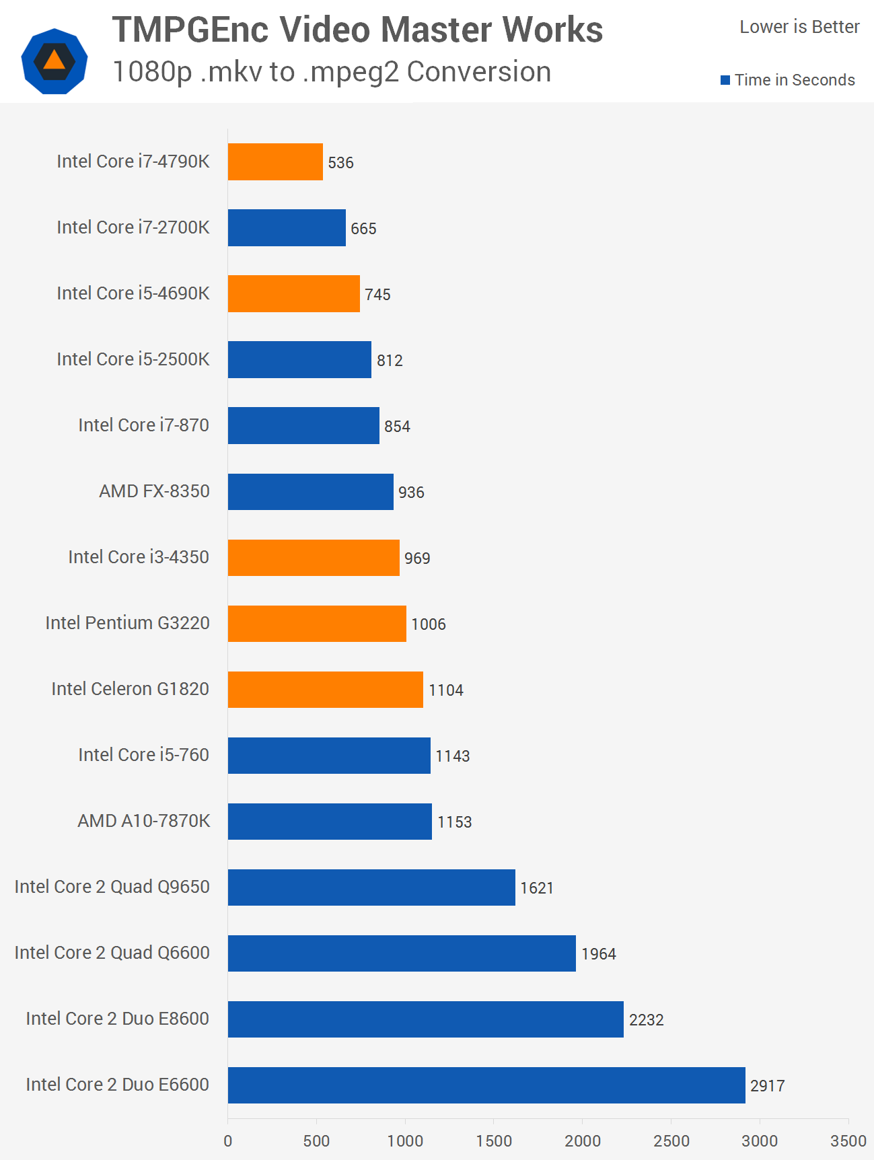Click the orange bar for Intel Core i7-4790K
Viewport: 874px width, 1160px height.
pos(275,161)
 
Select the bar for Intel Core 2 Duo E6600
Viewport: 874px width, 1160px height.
pos(486,1085)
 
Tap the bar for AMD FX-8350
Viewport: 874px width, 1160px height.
pos(310,491)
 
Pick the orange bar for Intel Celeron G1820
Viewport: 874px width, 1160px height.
pos(326,689)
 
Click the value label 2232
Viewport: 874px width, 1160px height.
pos(646,1019)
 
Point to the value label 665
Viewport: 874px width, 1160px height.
pos(363,228)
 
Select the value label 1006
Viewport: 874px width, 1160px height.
pos(429,624)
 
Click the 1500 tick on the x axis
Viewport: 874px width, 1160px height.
pos(494,1140)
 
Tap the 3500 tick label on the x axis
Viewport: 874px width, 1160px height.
pos(848,1140)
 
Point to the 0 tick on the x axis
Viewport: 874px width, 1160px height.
pos(228,1140)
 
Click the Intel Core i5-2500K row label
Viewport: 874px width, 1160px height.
pos(133,359)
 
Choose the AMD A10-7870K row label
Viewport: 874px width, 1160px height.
pos(144,821)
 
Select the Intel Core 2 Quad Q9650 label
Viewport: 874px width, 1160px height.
pos(112,887)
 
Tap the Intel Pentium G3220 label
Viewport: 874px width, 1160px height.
pos(128,623)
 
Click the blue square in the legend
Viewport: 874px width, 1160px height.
pos(725,80)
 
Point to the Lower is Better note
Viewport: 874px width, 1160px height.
pos(799,27)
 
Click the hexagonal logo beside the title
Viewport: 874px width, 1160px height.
pos(54,61)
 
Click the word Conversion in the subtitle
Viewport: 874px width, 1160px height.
pos(479,72)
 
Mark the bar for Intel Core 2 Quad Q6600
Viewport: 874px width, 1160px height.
pos(402,953)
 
